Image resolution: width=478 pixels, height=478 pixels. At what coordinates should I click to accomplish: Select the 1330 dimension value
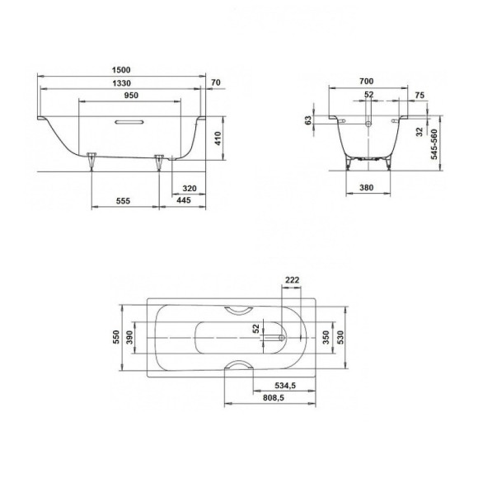(x=123, y=85)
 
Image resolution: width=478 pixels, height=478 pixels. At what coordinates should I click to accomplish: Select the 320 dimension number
(x=188, y=188)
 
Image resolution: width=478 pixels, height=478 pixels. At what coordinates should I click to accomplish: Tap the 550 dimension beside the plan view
(x=116, y=337)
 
